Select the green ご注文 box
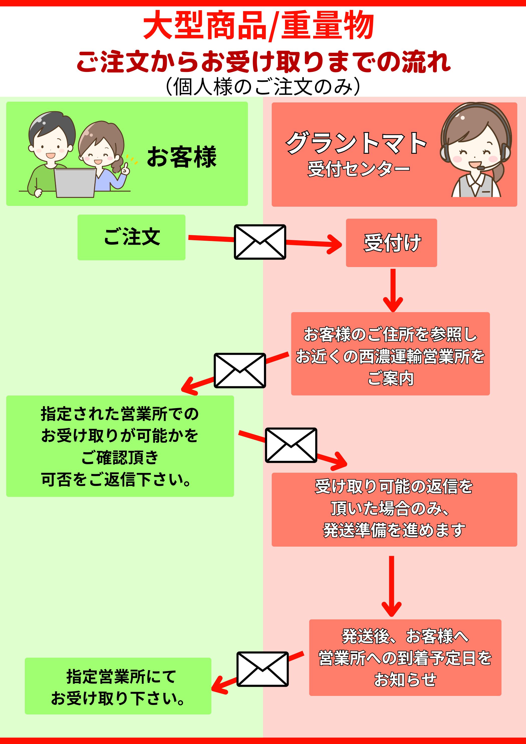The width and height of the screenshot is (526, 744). click(131, 237)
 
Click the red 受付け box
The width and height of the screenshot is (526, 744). click(391, 243)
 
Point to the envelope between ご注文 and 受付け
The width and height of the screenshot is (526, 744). click(260, 242)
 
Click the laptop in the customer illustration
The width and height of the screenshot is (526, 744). click(75, 182)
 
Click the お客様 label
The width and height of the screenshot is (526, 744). click(182, 157)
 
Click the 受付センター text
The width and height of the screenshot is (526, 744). click(358, 169)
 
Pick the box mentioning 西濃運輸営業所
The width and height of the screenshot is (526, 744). click(390, 353)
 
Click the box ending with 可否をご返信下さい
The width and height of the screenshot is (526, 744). click(120, 446)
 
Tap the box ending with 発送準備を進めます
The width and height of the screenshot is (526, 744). click(394, 509)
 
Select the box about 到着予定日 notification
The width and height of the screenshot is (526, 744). click(405, 658)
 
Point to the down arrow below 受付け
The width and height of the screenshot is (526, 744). click(393, 290)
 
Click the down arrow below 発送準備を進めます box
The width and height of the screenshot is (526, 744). click(391, 586)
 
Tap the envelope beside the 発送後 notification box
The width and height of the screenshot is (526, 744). click(262, 669)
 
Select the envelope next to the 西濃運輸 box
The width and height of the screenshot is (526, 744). click(240, 370)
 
